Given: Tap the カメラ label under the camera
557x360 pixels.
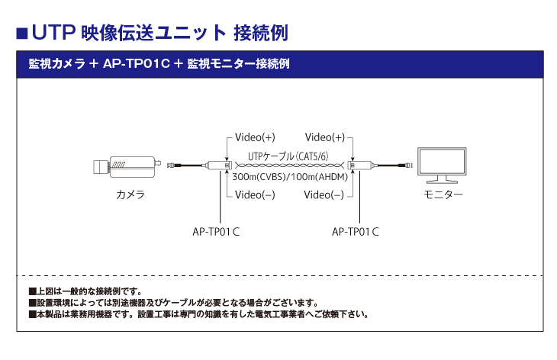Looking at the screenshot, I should pyautogui.click(x=130, y=195).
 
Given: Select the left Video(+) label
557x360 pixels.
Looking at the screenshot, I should pyautogui.click(x=255, y=137).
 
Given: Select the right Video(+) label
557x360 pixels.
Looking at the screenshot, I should pyautogui.click(x=324, y=137).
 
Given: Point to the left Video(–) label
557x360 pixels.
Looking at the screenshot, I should pyautogui.click(x=255, y=194).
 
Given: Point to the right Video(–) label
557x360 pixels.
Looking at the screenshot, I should pyautogui.click(x=324, y=194).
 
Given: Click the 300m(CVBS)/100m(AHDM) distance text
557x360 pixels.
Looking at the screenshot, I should pyautogui.click(x=289, y=177).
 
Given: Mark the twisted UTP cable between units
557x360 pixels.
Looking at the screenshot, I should pyautogui.click(x=290, y=166).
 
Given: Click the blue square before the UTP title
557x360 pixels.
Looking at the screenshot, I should pyautogui.click(x=22, y=33).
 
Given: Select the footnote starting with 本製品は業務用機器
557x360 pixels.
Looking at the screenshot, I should pyautogui.click(x=198, y=313).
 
